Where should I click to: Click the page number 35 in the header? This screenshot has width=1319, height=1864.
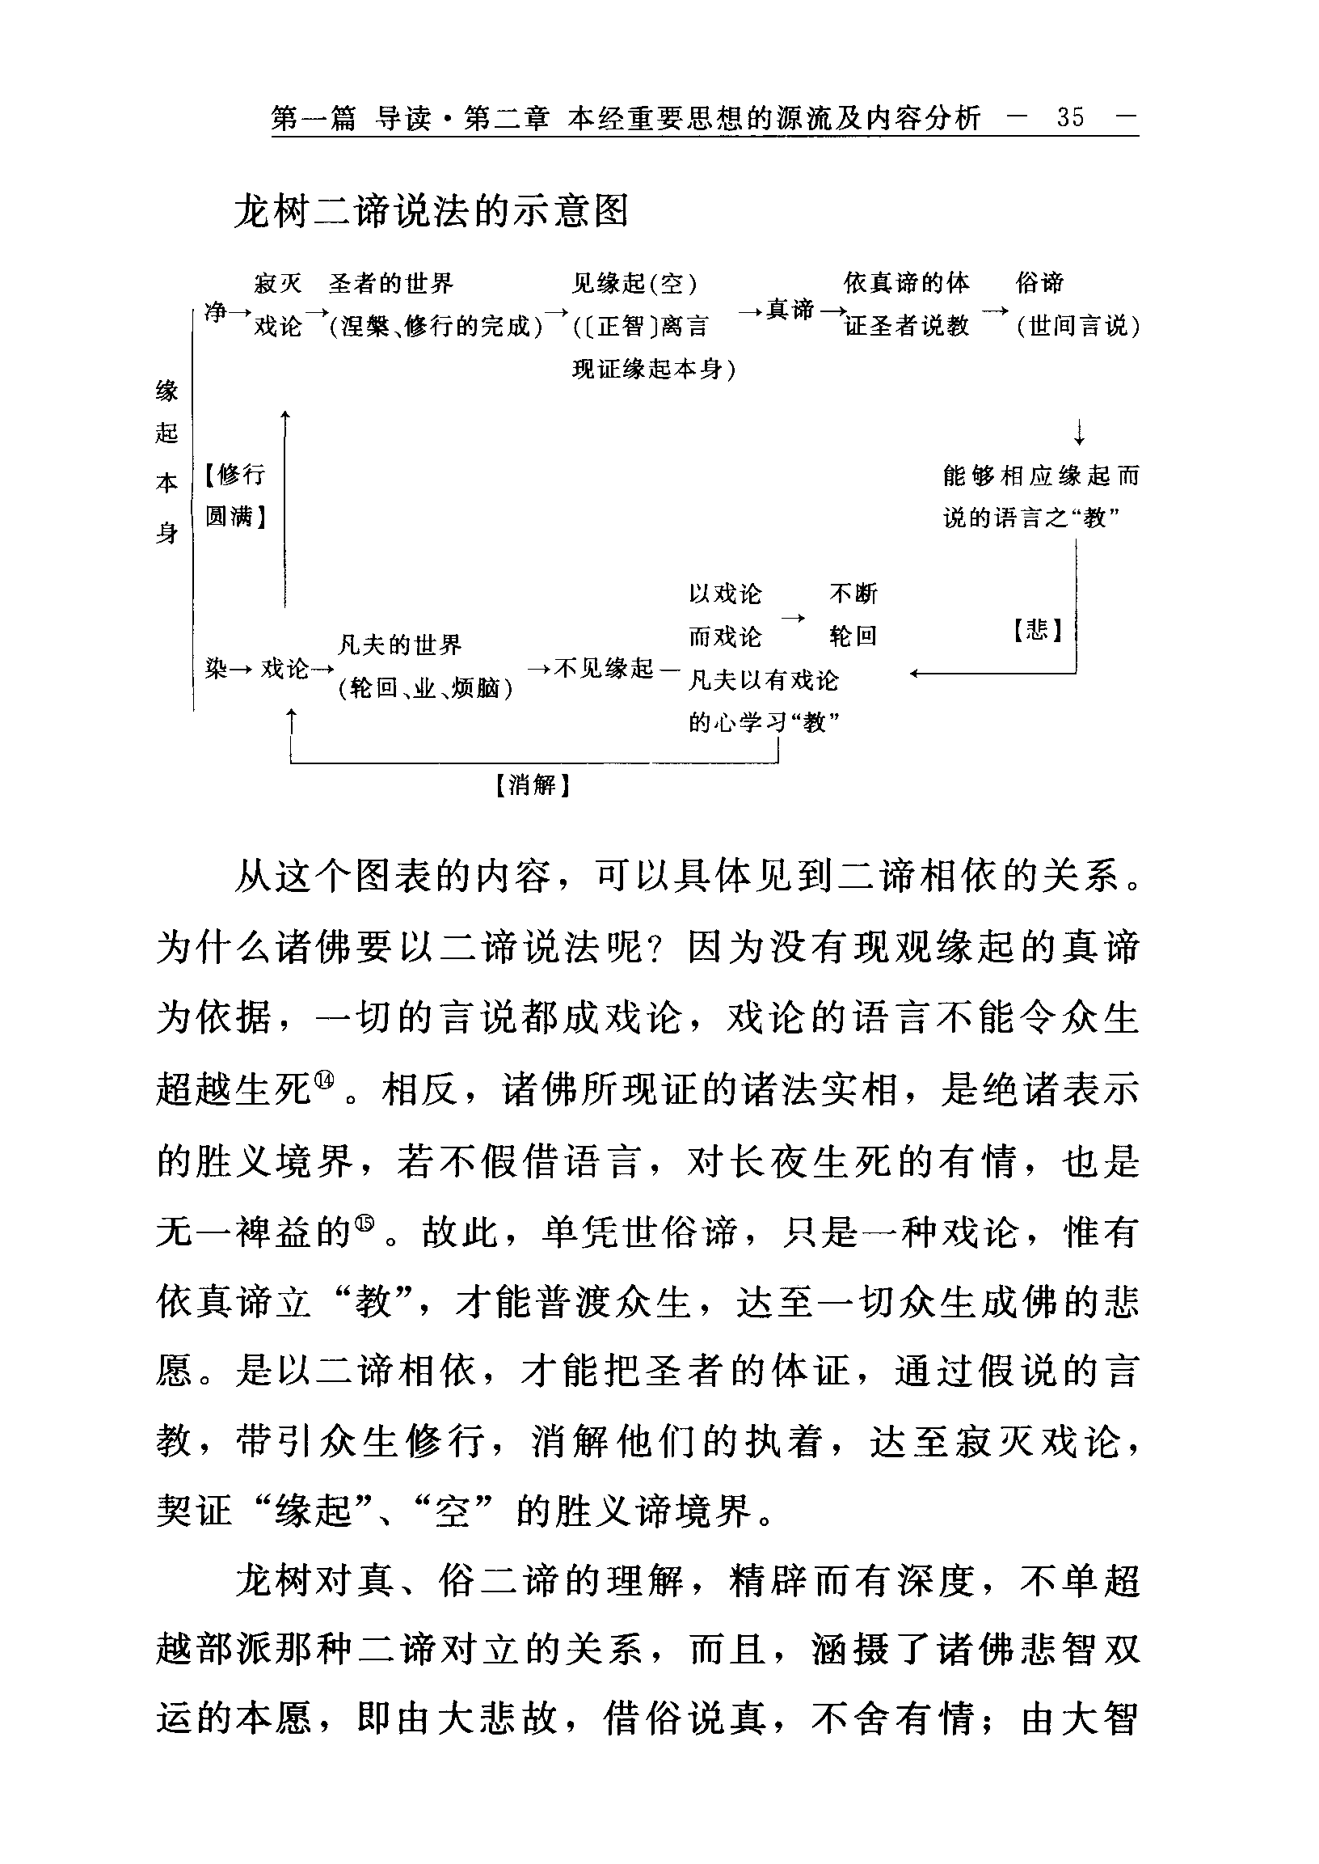tap(1069, 119)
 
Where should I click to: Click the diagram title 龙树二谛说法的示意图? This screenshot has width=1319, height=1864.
tap(432, 213)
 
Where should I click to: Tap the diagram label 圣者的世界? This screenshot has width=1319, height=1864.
tap(390, 285)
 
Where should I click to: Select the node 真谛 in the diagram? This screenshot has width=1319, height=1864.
tap(790, 310)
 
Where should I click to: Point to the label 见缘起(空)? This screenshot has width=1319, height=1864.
tap(634, 284)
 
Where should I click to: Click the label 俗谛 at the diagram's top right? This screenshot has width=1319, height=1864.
tap(1039, 284)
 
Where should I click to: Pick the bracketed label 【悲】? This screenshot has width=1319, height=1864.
tap(1038, 630)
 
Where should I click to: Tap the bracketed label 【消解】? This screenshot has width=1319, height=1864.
tap(533, 785)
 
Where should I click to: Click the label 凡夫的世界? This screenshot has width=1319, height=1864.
tap(399, 645)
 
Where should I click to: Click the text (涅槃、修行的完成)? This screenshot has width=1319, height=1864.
tap(436, 327)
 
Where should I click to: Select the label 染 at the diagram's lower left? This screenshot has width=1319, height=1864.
tap(215, 669)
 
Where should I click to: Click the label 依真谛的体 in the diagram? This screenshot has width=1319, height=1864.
tap(905, 284)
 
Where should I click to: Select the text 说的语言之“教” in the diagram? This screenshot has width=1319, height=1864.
tap(1031, 518)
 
